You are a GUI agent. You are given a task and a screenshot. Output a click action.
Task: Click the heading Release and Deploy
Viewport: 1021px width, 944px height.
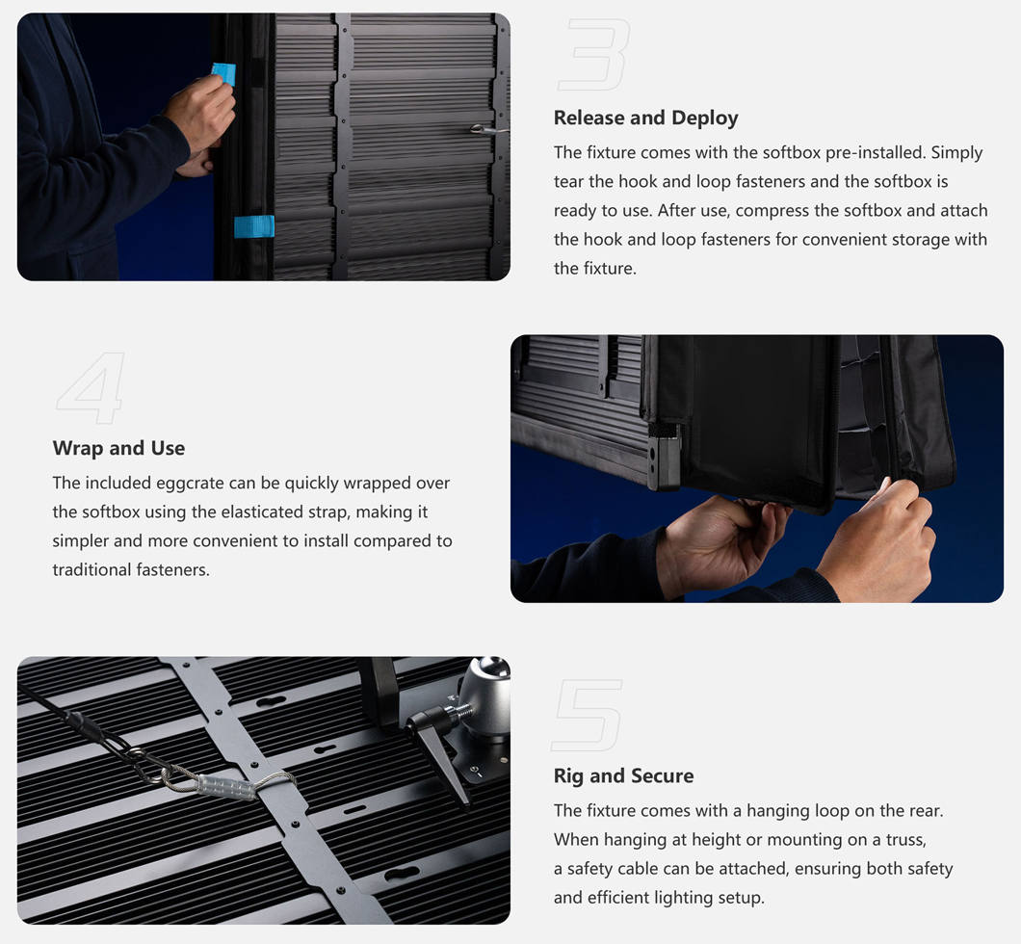point(645,118)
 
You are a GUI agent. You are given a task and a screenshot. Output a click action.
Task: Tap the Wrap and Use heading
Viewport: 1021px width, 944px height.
point(118,448)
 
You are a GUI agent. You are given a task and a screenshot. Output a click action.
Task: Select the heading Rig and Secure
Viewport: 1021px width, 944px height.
point(623,776)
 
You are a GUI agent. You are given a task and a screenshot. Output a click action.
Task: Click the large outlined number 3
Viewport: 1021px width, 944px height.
point(594,55)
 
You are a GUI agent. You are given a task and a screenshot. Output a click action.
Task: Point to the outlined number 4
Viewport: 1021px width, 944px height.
point(92,388)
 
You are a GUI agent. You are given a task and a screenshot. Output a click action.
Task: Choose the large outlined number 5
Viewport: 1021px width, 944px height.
point(587,715)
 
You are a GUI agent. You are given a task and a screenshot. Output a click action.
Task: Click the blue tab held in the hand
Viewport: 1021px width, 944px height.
point(224,73)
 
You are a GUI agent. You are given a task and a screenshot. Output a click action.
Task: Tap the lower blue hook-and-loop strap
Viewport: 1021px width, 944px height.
point(254,226)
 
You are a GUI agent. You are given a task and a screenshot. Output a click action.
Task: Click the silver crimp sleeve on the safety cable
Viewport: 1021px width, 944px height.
point(226,785)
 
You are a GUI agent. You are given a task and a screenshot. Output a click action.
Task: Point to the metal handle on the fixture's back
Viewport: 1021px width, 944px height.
point(487,129)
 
